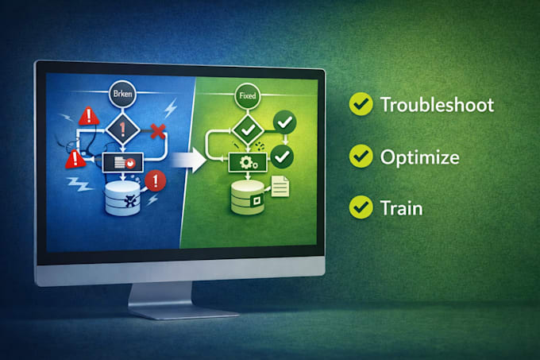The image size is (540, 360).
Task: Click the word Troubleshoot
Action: point(437,105)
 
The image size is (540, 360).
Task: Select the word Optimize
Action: point(419,157)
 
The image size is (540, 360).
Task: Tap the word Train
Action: point(401,208)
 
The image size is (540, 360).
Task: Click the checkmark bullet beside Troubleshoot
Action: point(361,103)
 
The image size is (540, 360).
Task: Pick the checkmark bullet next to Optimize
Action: point(361,156)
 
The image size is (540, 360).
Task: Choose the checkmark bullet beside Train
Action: point(361,207)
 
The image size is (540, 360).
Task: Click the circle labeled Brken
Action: point(122,94)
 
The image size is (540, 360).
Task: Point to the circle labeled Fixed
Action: point(247,95)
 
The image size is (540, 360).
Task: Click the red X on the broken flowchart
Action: point(158,131)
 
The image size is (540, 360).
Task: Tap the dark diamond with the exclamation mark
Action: point(122,130)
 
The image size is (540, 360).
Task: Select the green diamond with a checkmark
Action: point(248,130)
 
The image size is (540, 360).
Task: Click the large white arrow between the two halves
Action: point(189,160)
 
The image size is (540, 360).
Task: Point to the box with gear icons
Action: point(248,162)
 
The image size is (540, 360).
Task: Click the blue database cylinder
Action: point(122,198)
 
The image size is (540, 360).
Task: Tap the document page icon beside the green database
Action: point(280,187)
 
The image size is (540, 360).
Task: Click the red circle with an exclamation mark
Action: point(156,181)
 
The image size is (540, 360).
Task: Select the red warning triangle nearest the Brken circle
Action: point(89,116)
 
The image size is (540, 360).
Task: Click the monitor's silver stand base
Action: point(183,312)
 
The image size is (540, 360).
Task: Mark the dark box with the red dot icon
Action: point(122,162)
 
